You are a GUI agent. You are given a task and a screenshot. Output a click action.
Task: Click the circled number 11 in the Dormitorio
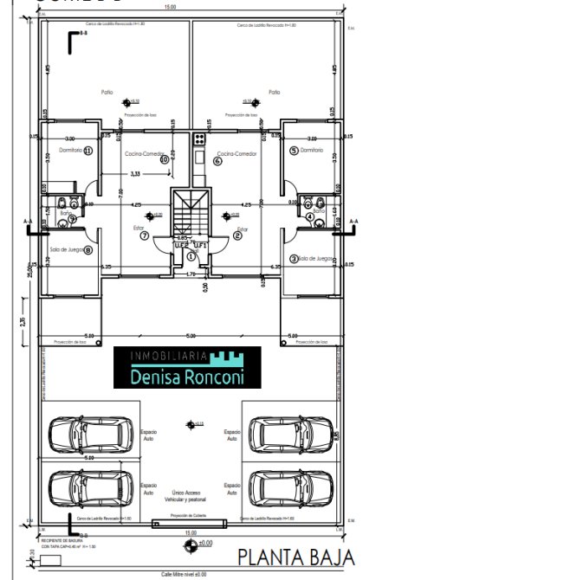click(x=88, y=150)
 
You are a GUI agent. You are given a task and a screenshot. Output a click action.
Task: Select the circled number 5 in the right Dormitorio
click(x=294, y=150)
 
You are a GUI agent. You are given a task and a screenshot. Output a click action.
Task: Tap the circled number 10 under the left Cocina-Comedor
click(x=164, y=159)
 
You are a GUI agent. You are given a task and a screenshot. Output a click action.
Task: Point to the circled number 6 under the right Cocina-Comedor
click(x=217, y=160)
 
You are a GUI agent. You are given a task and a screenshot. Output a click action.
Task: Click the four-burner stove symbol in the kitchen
click(x=198, y=138)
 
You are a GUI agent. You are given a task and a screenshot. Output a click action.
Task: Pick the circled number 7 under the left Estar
click(x=144, y=235)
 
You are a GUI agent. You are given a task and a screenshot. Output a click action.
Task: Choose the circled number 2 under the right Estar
click(x=236, y=235)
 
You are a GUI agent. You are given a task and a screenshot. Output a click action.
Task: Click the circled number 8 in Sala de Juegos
click(x=87, y=250)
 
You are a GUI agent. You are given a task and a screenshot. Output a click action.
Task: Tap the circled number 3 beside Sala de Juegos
click(x=294, y=258)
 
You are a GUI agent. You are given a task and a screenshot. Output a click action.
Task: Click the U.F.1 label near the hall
click(x=200, y=245)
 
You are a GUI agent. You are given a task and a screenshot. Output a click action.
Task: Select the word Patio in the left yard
click(x=107, y=92)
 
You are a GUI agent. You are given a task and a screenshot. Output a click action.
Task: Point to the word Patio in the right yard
click(x=274, y=92)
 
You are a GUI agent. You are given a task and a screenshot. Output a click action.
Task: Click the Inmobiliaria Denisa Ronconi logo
click(x=188, y=368)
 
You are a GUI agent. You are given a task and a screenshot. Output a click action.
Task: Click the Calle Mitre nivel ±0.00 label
click(x=182, y=573)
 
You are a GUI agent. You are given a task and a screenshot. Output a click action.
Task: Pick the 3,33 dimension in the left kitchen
click(x=135, y=174)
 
